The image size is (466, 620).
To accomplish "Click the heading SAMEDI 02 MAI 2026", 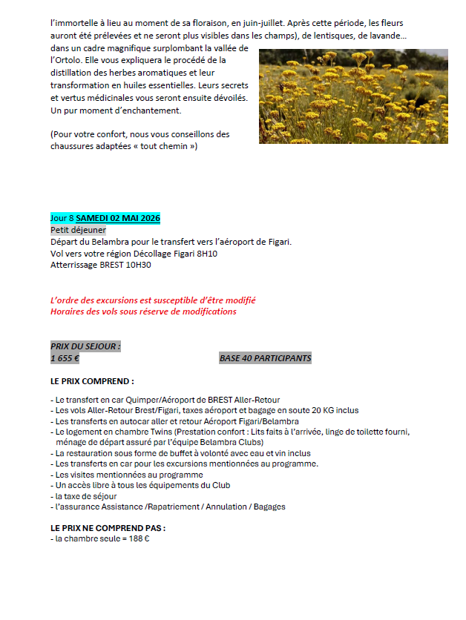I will coord(118,218).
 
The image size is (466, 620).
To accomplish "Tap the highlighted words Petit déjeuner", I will coord(78,230).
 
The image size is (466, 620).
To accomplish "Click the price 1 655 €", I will coord(65,358).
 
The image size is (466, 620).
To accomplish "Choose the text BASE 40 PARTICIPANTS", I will coord(265,358).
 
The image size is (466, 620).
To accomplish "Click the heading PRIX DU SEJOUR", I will coord(85,346).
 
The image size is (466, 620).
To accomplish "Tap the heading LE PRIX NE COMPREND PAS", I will coord(108,528).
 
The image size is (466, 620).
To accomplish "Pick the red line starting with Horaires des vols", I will coord(143,311).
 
